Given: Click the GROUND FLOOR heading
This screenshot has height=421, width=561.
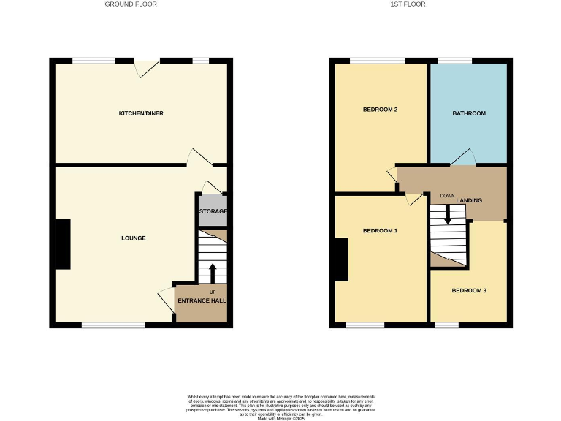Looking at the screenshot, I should [x=131, y=4].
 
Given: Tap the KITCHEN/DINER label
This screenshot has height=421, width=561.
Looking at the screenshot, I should [x=141, y=114].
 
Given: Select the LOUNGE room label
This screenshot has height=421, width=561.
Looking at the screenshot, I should [x=134, y=238].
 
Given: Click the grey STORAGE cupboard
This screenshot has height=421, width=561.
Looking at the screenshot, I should [x=213, y=210].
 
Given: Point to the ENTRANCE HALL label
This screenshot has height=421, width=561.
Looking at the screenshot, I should [x=207, y=300].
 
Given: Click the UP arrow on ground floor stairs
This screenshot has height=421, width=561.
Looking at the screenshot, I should [x=213, y=273].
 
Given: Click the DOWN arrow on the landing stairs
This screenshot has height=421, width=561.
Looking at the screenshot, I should [x=448, y=213].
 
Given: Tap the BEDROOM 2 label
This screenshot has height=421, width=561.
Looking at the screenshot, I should [x=380, y=110].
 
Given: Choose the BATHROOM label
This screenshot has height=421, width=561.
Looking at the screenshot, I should [x=468, y=114].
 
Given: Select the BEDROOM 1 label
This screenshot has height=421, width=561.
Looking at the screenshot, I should [x=380, y=231].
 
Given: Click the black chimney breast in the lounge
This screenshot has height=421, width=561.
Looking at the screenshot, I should [x=63, y=244].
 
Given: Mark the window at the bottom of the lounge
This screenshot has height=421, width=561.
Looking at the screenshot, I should [x=113, y=325].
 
